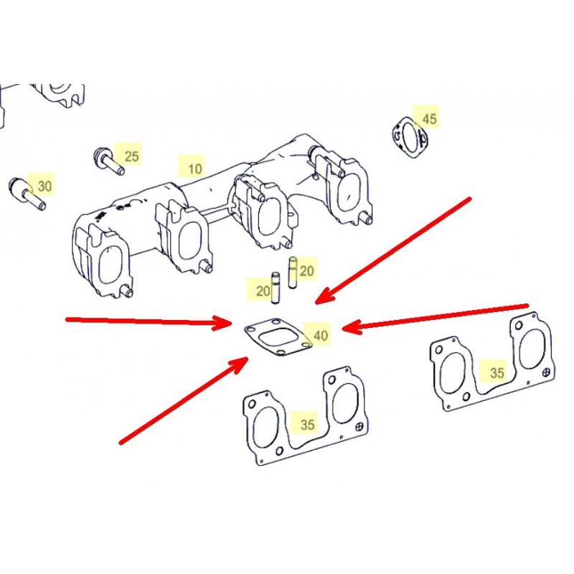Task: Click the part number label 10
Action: click(x=194, y=169)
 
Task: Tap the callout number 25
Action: click(x=132, y=156)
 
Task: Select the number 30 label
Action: click(x=44, y=186)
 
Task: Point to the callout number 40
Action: click(x=321, y=335)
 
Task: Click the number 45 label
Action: click(x=429, y=118)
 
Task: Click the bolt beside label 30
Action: click(x=27, y=193)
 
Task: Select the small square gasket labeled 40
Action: click(x=278, y=338)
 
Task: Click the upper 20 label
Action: click(x=306, y=271)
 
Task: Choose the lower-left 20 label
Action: click(x=263, y=291)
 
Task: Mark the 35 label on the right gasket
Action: click(x=497, y=372)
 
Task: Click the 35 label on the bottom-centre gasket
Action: click(x=308, y=424)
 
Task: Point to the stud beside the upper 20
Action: click(x=293, y=273)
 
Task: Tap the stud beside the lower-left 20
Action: click(x=276, y=288)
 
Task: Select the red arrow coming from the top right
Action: click(x=392, y=251)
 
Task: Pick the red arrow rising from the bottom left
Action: click(x=184, y=400)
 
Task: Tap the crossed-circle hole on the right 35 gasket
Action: click(x=546, y=372)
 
